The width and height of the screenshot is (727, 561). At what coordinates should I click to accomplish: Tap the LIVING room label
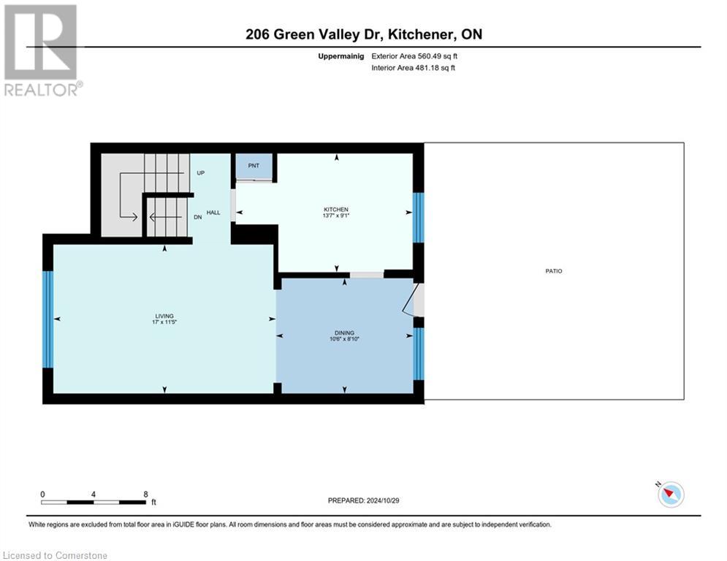153,316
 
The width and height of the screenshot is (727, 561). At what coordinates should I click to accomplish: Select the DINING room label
343,332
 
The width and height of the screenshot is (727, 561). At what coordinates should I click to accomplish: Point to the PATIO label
553,271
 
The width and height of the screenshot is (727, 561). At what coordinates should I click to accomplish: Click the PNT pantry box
254,167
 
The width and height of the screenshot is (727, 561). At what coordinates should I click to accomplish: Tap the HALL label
213,212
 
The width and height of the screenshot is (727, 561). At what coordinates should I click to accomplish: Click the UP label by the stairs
200,173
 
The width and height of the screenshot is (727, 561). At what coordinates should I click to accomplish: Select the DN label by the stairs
198,217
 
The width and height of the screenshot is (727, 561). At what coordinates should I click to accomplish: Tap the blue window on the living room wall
48,319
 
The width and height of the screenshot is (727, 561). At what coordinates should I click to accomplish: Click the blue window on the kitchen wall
418,218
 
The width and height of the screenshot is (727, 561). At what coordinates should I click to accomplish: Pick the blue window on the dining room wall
418,354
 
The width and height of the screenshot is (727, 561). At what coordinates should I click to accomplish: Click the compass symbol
670,495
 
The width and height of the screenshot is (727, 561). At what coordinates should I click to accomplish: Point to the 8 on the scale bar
145,494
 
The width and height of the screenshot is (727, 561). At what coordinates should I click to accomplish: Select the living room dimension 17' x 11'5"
153,322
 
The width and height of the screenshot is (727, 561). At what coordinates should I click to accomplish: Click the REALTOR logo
42,50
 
